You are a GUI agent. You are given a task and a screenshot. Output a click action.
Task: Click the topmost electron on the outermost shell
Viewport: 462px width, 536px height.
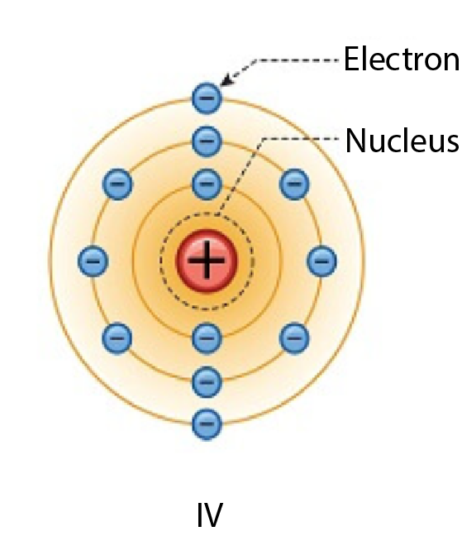click(x=207, y=98)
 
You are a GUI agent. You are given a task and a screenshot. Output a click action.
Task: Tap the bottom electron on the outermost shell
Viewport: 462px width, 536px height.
click(x=207, y=424)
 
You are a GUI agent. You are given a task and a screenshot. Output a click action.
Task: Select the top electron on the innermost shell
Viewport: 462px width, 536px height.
click(x=207, y=184)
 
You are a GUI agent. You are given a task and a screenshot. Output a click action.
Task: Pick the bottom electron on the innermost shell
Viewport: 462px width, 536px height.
click(x=207, y=338)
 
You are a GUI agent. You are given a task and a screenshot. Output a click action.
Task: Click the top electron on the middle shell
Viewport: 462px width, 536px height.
click(x=207, y=141)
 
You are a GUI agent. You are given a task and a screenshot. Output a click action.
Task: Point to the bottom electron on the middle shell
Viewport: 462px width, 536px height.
click(x=207, y=381)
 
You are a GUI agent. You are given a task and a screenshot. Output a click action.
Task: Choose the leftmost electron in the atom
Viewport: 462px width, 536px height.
click(x=93, y=261)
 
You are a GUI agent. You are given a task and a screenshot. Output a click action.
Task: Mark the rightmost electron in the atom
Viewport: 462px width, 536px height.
click(x=321, y=261)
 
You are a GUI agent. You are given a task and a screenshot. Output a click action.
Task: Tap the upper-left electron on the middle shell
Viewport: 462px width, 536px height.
click(x=117, y=184)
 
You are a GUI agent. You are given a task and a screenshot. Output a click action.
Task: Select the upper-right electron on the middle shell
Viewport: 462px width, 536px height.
click(x=294, y=184)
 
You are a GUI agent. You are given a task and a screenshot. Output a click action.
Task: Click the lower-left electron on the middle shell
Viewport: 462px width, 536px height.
click(x=117, y=338)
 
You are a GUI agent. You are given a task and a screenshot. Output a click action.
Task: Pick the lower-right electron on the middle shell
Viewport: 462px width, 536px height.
click(x=294, y=338)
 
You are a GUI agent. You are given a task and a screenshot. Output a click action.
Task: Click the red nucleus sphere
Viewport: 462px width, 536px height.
click(x=207, y=261)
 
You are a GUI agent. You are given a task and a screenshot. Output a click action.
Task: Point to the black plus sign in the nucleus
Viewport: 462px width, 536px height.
click(x=207, y=260)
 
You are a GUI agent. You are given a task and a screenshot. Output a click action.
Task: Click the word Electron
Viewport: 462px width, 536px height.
click(x=402, y=60)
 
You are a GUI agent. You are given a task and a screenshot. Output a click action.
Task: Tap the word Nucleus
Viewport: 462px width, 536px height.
click(x=402, y=141)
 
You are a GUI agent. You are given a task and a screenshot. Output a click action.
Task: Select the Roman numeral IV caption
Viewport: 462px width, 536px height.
click(x=210, y=514)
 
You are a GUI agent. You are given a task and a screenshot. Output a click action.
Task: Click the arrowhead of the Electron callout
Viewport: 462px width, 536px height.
click(x=226, y=80)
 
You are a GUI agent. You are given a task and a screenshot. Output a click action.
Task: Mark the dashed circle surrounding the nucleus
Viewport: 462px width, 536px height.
click(x=207, y=213)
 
